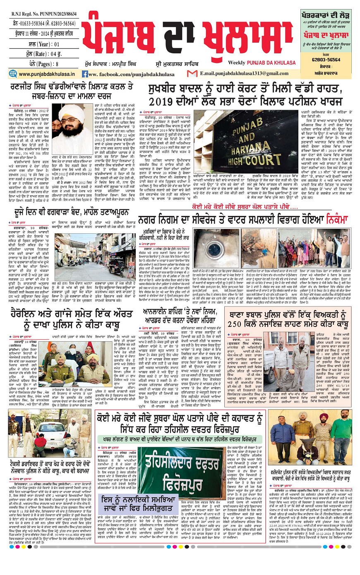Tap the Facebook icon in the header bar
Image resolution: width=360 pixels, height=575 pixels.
coord(85,74)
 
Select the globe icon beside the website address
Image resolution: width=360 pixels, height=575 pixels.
coord(12,74)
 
